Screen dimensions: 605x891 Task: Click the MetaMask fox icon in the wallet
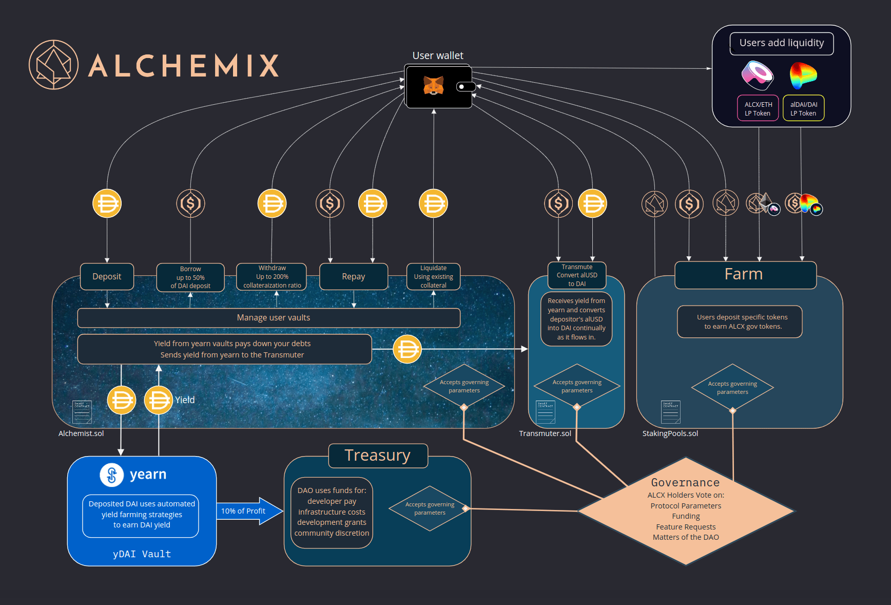(433, 85)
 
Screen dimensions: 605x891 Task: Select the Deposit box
(107, 277)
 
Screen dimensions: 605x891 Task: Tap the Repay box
(353, 277)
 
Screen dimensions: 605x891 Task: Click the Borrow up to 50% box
(190, 277)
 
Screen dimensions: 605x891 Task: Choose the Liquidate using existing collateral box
(433, 277)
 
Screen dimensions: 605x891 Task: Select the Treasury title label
(378, 456)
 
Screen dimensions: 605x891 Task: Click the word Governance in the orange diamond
(685, 483)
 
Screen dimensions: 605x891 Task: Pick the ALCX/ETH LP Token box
(758, 108)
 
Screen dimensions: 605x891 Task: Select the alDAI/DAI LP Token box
(803, 108)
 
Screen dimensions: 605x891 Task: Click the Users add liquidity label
(781, 43)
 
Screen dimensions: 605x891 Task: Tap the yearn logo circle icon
(111, 475)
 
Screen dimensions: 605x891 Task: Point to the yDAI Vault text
(142, 554)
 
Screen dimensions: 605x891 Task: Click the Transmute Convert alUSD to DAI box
(577, 275)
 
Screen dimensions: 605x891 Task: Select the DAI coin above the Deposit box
(107, 203)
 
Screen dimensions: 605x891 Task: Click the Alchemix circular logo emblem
(53, 65)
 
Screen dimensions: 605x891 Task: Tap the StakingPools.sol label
(670, 433)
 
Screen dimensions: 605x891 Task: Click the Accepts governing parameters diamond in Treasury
(430, 508)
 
